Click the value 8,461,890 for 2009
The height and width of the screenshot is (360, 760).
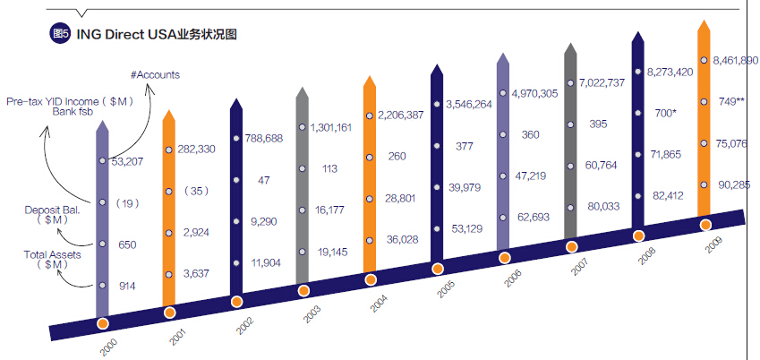coord(735,61)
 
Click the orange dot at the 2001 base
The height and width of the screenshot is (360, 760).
coord(169,313)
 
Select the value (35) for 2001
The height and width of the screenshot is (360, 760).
coord(190,190)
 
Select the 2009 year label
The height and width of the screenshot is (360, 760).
coord(713,247)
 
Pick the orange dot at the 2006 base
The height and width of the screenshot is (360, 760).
coord(505,258)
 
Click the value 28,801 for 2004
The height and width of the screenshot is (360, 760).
coord(401,197)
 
